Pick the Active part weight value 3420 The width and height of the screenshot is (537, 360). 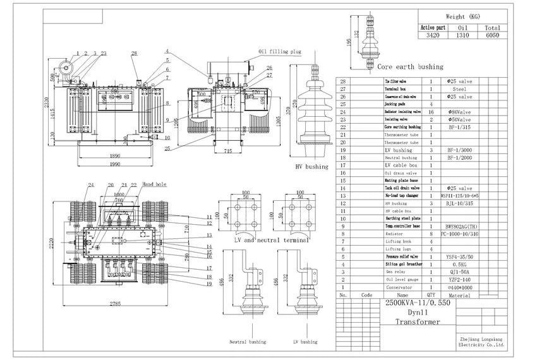click(433, 37)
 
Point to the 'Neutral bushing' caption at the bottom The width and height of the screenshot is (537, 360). click(247, 342)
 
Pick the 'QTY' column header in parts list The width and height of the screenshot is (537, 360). click(431, 294)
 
